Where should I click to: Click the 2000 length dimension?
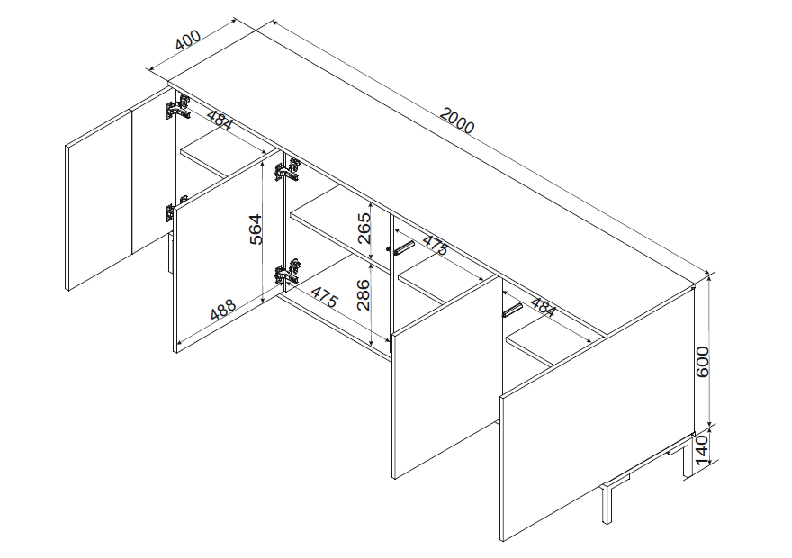[x=456, y=121]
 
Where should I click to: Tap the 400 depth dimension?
[x=188, y=40]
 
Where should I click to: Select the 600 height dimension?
[x=703, y=362]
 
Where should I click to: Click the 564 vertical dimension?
[x=256, y=229]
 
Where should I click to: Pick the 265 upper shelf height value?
[x=364, y=229]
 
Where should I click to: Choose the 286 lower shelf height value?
[x=364, y=294]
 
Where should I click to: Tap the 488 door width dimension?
[x=223, y=309]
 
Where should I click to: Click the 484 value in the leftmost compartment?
[x=220, y=121]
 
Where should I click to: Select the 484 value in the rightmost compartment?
[x=543, y=308]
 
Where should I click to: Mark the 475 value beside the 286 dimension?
[x=324, y=297]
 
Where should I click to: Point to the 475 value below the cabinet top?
[x=435, y=246]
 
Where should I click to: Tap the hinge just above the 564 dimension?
[x=287, y=170]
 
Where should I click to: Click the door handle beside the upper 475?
[x=403, y=247]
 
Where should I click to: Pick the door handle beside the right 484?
[x=513, y=310]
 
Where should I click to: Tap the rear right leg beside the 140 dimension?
[x=686, y=460]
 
